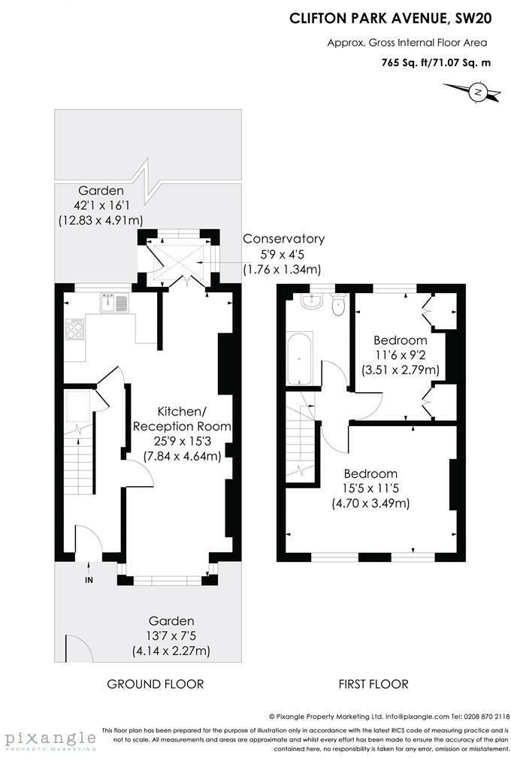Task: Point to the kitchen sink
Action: click(113, 304)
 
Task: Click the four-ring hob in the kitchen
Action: click(75, 330)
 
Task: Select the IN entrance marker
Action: click(89, 581)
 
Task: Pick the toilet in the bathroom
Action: click(337, 304)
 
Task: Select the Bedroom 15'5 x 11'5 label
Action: click(370, 488)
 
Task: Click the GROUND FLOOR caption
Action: click(156, 684)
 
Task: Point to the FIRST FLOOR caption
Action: click(373, 684)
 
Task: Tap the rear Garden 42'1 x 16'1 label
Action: click(100, 205)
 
